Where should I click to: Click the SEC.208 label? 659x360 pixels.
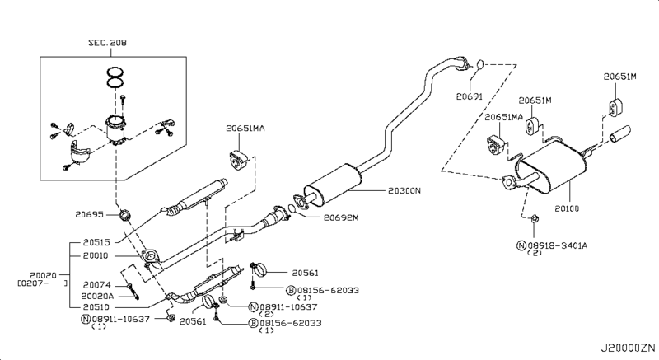pos(107,43)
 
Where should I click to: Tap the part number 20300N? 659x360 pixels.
pos(404,191)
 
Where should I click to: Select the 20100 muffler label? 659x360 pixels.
pos(567,208)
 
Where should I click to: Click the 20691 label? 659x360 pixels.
pos(470,96)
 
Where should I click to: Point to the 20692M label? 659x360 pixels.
pos(341,217)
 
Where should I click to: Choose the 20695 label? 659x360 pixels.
pos(89,215)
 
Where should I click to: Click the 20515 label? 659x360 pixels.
pos(96,242)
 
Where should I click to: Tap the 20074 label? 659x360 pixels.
pos(96,285)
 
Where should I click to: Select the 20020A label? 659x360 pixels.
pos(97,296)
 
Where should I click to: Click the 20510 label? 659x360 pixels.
pos(96,306)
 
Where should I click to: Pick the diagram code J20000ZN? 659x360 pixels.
pos(628,348)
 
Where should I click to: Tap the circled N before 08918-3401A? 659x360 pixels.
pos(521,245)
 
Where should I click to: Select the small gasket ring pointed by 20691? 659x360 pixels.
pos(480,64)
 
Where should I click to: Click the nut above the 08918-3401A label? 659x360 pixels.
pos(535,218)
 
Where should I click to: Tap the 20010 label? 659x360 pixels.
pos(96,255)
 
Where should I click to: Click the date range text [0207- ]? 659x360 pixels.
pos(42,283)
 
